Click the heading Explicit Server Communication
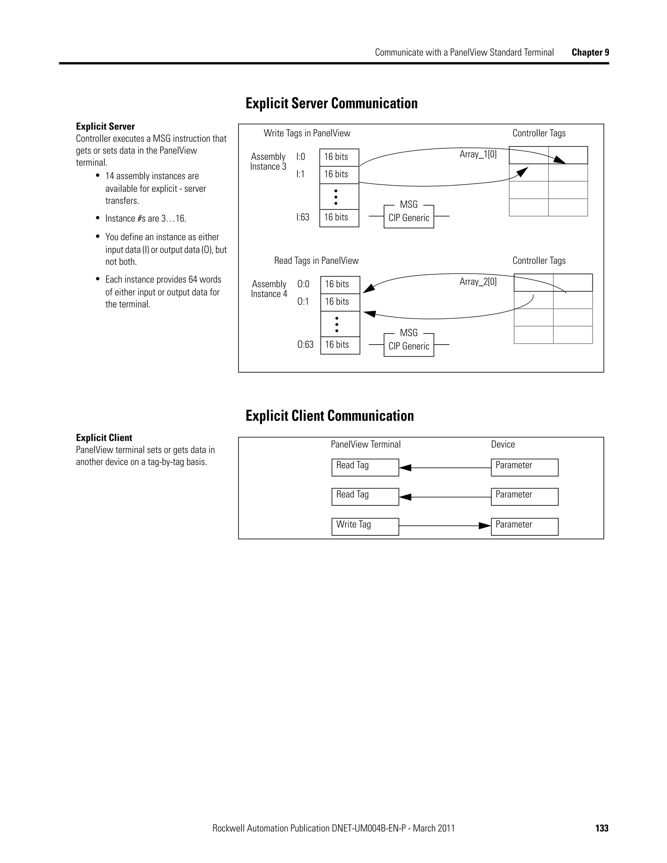[x=331, y=103]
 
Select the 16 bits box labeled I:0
[x=339, y=157]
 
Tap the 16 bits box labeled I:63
[x=339, y=218]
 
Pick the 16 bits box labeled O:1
[x=340, y=302]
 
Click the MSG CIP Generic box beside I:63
[x=409, y=217]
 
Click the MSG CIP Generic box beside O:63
[x=409, y=345]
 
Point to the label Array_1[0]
[x=478, y=154]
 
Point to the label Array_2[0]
[x=478, y=282]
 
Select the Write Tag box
[x=365, y=526]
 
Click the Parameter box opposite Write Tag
[x=524, y=526]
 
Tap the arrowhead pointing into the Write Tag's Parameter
[x=485, y=526]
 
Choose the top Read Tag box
[x=365, y=467]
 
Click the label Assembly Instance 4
[x=269, y=289]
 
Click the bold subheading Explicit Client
[x=104, y=437]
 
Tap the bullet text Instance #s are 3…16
[x=145, y=219]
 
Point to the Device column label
[x=503, y=444]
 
